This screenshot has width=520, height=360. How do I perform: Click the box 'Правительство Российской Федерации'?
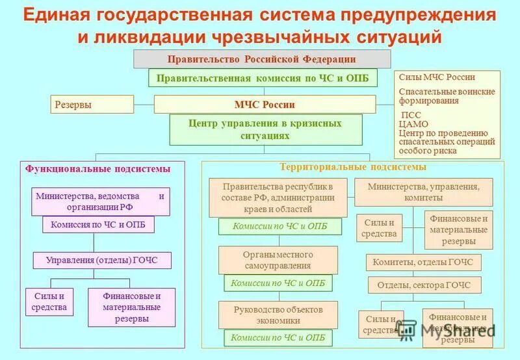pyautogui.click(x=262, y=59)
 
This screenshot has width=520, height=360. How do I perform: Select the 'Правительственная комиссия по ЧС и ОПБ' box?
pyautogui.click(x=262, y=78)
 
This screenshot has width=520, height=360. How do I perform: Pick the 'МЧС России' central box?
pyautogui.click(x=265, y=105)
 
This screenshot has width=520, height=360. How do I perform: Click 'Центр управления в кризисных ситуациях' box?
pyautogui.click(x=265, y=129)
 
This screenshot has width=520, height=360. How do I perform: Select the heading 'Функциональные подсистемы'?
pyautogui.click(x=98, y=169)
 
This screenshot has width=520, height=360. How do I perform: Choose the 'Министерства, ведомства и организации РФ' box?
pyautogui.click(x=100, y=201)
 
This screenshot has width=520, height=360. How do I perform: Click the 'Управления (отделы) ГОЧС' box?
pyautogui.click(x=102, y=261)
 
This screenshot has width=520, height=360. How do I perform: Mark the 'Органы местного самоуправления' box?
pyautogui.click(x=278, y=260)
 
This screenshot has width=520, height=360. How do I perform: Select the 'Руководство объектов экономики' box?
pyautogui.click(x=278, y=315)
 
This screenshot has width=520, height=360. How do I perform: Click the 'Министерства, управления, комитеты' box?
pyautogui.click(x=423, y=192)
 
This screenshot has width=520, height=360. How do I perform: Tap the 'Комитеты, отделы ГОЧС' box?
pyautogui.click(x=423, y=263)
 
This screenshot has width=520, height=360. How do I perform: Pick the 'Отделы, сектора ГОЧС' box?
pyautogui.click(x=424, y=285)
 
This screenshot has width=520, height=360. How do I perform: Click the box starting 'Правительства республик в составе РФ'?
pyautogui.click(x=278, y=198)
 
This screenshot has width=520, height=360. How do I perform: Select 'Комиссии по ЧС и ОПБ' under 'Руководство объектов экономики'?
pyautogui.click(x=278, y=338)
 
